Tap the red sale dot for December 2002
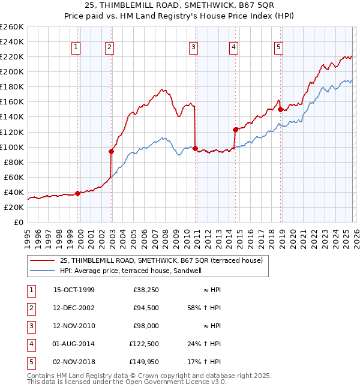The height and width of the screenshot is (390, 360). click(111, 151)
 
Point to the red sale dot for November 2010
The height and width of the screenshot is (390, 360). click(195, 148)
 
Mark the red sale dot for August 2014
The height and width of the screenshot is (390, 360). click(235, 130)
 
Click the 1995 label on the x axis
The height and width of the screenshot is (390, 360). click(28, 238)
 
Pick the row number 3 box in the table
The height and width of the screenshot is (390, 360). click(29, 326)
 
